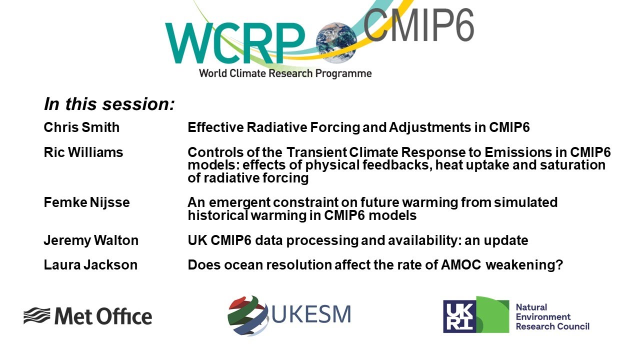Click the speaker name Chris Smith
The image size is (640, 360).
[81, 127]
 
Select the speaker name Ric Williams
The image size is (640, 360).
[83, 152]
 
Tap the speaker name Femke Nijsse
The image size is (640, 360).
[86, 202]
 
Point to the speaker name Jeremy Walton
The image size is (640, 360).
[91, 240]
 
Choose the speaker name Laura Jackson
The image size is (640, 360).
[90, 265]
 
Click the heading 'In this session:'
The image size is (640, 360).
[109, 104]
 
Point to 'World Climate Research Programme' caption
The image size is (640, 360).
[285, 73]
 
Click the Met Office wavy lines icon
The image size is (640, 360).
[36, 316]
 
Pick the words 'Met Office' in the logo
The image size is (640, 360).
[103, 316]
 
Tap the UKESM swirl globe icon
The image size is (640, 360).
[248, 315]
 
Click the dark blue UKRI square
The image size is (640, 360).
[459, 316]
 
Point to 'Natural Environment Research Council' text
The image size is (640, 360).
[552, 316]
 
